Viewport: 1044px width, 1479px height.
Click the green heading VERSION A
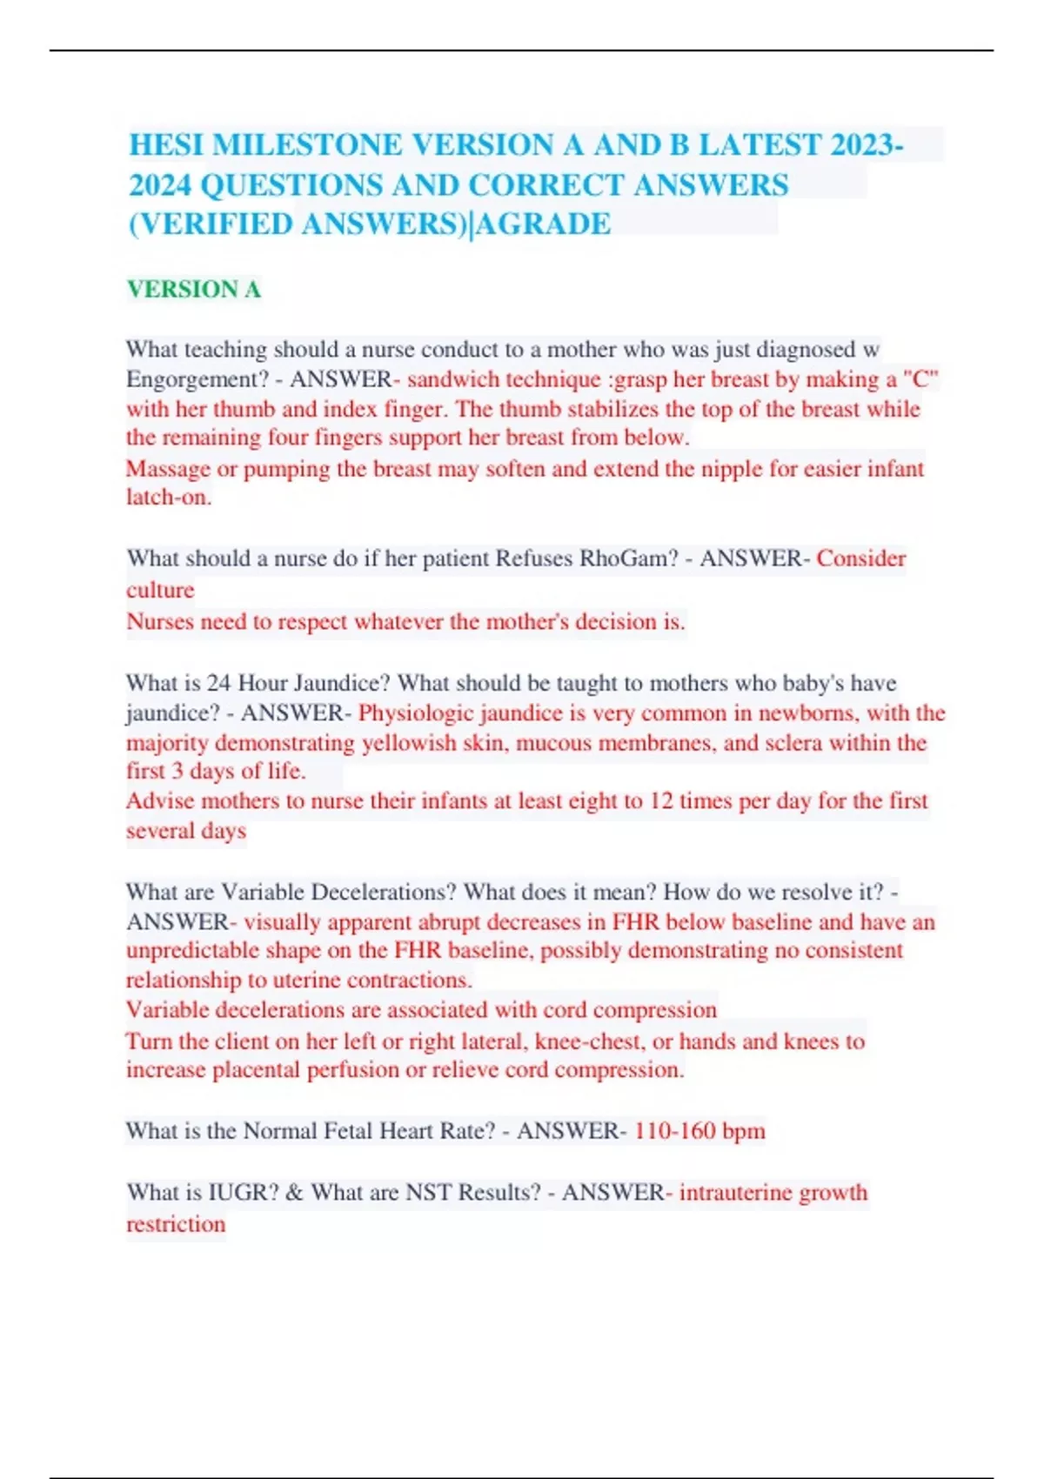coord(194,289)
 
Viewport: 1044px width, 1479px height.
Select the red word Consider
coord(860,559)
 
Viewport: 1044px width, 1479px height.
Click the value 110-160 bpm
coord(699,1131)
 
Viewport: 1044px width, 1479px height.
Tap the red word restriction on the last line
coord(176,1224)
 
